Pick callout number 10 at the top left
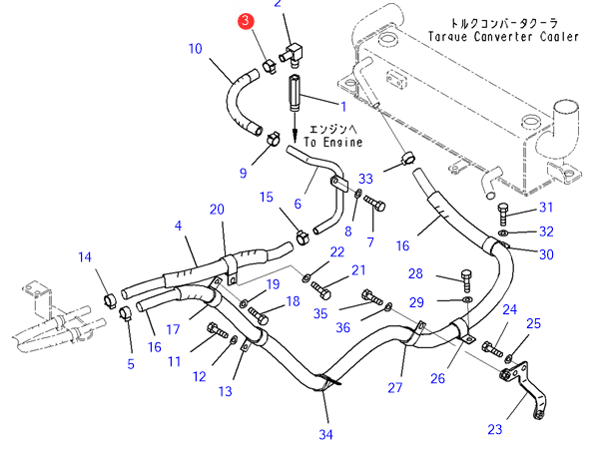pos(195,47)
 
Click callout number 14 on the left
pos(86,258)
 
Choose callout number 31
pos(545,208)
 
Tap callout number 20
pos(217,209)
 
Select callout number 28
pos(415,273)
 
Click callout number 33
pos(365,179)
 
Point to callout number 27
pos(395,388)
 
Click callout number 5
pos(130,364)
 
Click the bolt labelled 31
pos(503,213)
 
